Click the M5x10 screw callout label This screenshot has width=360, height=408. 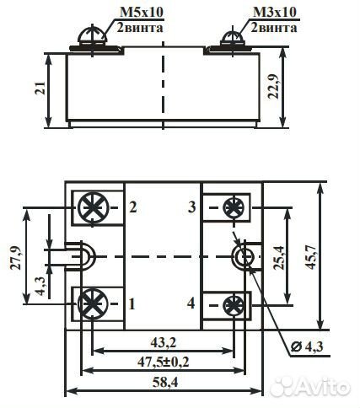[142, 13]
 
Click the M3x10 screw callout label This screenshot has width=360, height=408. [275, 13]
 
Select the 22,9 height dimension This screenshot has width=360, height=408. [273, 87]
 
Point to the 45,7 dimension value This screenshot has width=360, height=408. [311, 257]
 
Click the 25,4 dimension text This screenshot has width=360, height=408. [279, 258]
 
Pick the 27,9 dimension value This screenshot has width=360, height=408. [16, 258]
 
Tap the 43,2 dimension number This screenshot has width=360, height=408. [163, 342]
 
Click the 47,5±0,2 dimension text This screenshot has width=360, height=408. [163, 362]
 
